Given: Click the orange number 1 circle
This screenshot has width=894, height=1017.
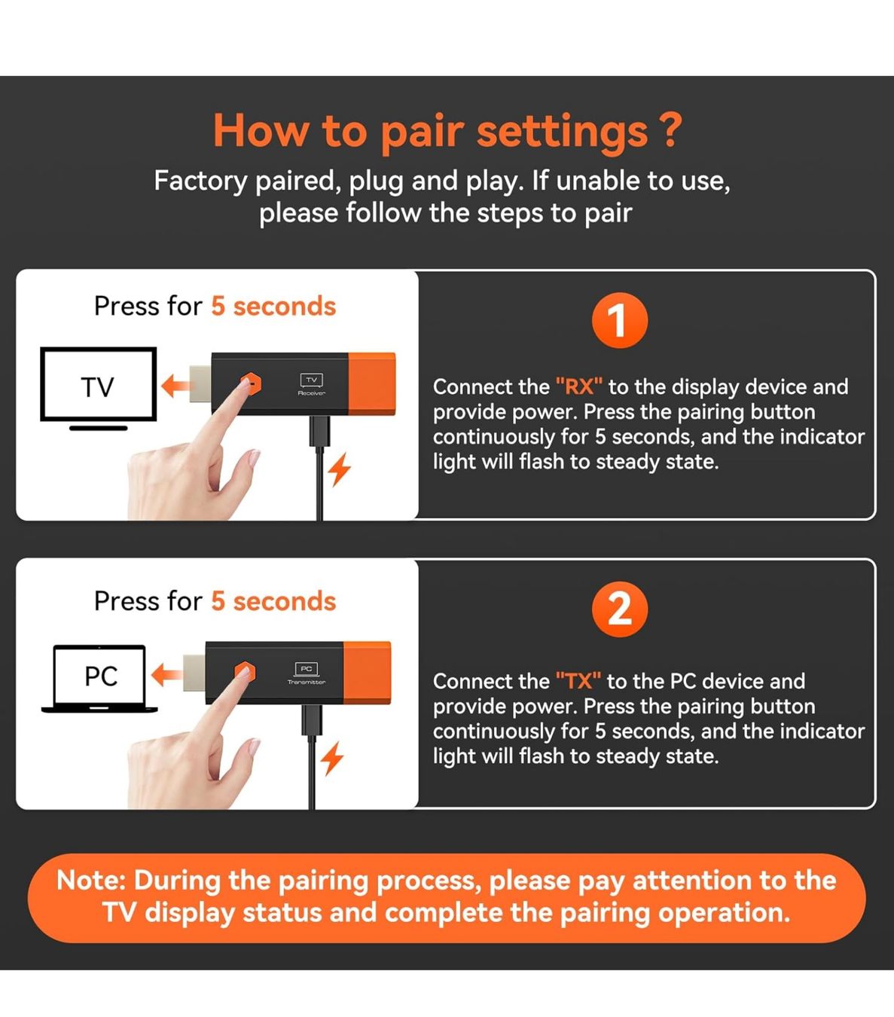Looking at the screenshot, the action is (619, 320).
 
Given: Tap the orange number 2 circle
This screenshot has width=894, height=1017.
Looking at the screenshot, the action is (619, 609).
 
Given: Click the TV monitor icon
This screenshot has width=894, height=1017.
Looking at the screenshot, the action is (99, 389).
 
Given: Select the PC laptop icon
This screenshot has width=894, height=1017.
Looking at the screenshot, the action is (99, 678).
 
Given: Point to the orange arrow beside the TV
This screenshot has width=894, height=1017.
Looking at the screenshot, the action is (175, 386).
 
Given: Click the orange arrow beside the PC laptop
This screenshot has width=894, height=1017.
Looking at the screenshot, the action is (166, 675).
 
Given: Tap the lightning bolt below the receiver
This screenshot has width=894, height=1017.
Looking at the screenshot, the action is (340, 469).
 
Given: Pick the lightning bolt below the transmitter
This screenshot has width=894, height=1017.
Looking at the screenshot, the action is (332, 759).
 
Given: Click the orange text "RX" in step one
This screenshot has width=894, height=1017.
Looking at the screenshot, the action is (578, 386).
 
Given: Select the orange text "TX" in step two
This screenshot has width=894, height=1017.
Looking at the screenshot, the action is (578, 681).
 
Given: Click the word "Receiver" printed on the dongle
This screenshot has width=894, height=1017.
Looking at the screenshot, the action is (311, 393).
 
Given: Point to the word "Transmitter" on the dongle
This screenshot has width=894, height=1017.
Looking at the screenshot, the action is (307, 683).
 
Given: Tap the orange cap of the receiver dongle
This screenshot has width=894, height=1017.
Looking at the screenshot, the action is (371, 383).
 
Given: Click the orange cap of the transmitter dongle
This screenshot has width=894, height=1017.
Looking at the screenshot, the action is (367, 673).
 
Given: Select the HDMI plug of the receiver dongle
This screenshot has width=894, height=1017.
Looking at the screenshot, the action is (200, 384).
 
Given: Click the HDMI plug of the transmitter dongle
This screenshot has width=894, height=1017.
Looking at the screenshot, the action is (194, 673).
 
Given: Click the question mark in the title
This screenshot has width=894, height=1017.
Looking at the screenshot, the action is (670, 130).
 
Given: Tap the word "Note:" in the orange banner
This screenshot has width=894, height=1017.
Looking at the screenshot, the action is (91, 881).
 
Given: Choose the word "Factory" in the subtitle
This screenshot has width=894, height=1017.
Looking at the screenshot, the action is (200, 182).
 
